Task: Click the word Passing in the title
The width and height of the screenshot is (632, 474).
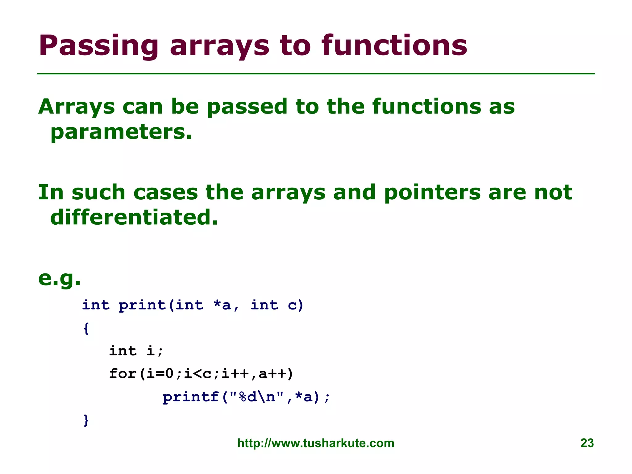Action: (98, 46)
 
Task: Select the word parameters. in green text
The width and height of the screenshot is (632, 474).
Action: (121, 132)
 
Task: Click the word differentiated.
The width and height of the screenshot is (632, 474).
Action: (134, 217)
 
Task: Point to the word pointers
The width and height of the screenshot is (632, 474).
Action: (432, 193)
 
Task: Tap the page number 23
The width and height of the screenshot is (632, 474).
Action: (587, 443)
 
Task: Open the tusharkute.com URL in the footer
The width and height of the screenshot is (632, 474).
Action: (316, 443)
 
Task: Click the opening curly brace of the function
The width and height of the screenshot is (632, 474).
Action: (86, 328)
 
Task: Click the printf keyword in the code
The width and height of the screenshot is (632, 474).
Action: (190, 397)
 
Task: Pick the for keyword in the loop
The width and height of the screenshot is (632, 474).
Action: (123, 374)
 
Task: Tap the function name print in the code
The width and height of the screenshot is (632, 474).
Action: (142, 306)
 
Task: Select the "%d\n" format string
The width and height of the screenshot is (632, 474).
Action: (257, 397)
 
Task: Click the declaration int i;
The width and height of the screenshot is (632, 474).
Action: (136, 351)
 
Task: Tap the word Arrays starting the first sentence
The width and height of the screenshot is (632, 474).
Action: (77, 107)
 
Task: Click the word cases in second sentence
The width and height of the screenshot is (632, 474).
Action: (166, 193)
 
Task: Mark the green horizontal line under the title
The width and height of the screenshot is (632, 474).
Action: (316, 74)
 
